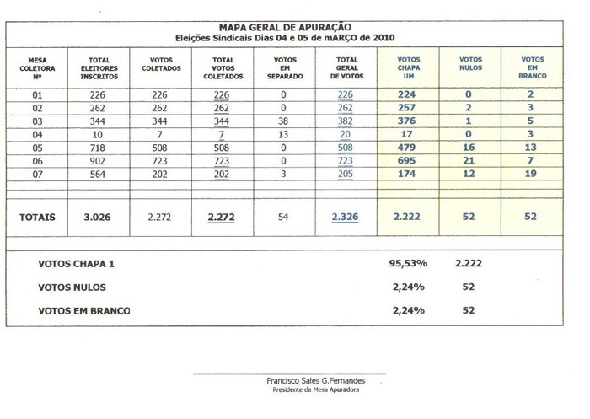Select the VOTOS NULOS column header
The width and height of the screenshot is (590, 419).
pyautogui.click(x=470, y=63)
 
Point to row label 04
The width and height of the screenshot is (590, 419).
pyautogui.click(x=37, y=134)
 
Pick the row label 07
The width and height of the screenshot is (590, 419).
pyautogui.click(x=37, y=174)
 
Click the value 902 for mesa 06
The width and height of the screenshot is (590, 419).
pyautogui.click(x=98, y=160)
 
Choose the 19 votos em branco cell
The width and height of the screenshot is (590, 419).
pyautogui.click(x=530, y=174)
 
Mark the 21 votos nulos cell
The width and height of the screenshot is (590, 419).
pyautogui.click(x=469, y=160)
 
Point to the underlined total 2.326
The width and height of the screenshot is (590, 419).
pyautogui.click(x=345, y=217)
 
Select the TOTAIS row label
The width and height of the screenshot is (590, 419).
pyautogui.click(x=37, y=217)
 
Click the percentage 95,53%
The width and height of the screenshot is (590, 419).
pyautogui.click(x=409, y=264)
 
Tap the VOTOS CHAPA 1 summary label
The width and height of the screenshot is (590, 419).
pyautogui.click(x=76, y=264)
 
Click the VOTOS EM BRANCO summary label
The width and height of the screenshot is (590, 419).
pyautogui.click(x=84, y=310)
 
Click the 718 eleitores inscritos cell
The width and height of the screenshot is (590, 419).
pyautogui.click(x=98, y=148)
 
